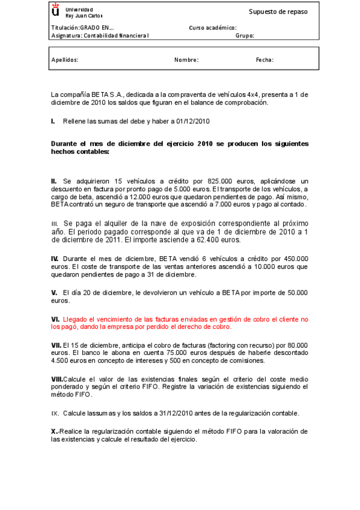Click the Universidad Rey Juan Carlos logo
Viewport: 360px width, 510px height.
pos(56,11)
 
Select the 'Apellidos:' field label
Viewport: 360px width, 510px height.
pos(65,60)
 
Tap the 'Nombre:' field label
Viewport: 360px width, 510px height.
pos(186,60)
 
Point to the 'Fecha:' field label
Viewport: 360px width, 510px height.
pos(264,60)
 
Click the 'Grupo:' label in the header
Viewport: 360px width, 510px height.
pos(245,35)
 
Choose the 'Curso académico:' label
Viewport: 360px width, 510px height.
pos(212,28)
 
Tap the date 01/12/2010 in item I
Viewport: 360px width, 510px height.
pos(193,121)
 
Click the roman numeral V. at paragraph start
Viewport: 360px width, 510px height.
pos(55,292)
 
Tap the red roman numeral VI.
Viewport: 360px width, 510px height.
pos(55,319)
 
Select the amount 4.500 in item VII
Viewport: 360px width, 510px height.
pos(61,361)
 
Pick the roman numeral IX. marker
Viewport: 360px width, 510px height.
pos(55,413)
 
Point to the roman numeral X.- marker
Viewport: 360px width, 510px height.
pos(56,431)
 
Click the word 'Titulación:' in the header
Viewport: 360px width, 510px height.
pos(66,28)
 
